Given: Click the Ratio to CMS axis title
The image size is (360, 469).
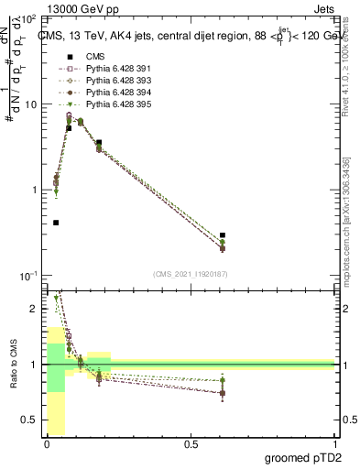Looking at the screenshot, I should tap(14, 365).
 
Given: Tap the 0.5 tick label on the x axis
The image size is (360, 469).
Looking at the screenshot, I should tap(191, 444).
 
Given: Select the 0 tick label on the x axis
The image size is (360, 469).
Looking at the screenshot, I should tap(47, 444).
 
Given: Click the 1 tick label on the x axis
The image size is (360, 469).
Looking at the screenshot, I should tap(334, 444).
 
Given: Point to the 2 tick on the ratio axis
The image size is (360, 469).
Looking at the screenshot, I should tap(35, 309).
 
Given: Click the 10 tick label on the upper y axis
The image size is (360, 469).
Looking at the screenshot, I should tap(29, 104).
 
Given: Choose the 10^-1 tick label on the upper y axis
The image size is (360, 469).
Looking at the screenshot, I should tap(27, 276).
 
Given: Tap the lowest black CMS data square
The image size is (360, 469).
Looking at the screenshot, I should tap(56, 223).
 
